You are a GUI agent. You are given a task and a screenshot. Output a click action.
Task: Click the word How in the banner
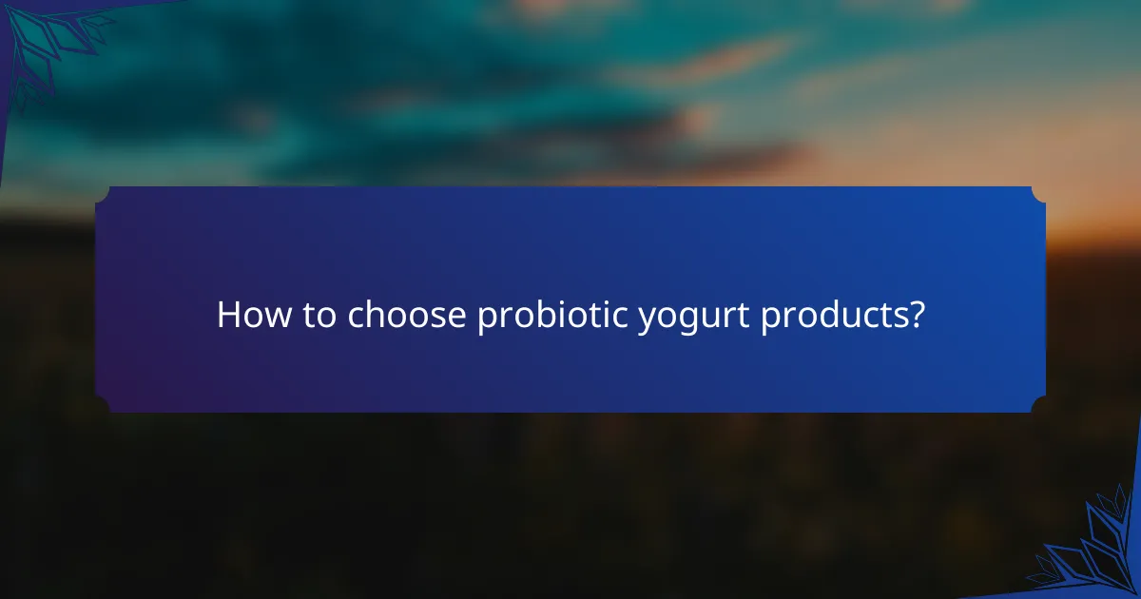pyautogui.click(x=250, y=316)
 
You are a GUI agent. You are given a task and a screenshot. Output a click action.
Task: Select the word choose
pyautogui.click(x=407, y=316)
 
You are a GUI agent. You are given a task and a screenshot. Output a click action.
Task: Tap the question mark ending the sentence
pyautogui.click(x=915, y=315)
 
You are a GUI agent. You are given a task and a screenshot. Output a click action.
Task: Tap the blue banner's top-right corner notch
pyautogui.click(x=1039, y=194)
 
